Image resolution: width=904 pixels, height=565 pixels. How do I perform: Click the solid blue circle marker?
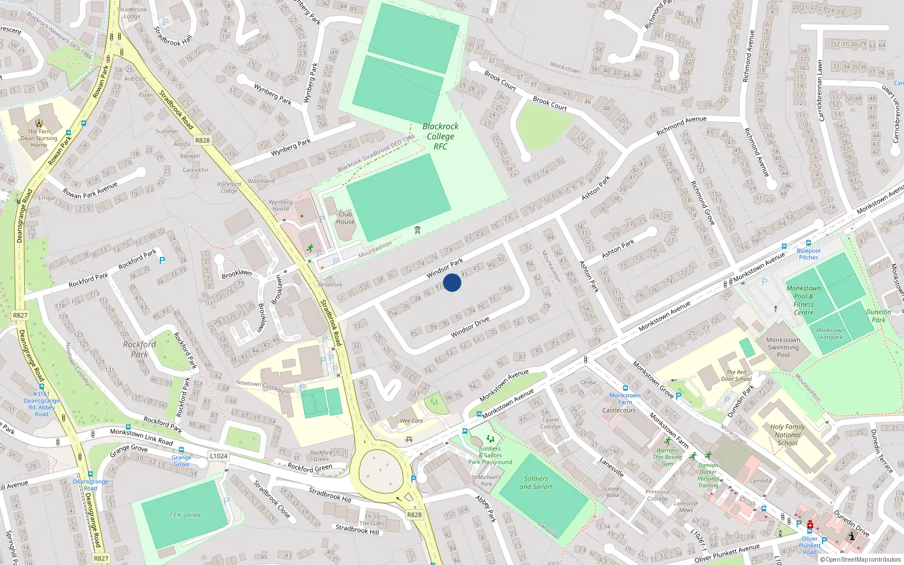(452, 282)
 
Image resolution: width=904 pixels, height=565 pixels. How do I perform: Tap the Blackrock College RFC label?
(440, 136)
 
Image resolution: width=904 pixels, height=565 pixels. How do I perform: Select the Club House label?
(345, 218)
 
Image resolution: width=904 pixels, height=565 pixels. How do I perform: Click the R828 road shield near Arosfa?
(202, 140)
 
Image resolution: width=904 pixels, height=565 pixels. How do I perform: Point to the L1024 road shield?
(219, 456)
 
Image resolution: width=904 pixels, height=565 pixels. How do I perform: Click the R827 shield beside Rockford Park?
(20, 315)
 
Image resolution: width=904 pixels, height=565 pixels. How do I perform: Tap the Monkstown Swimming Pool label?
(783, 347)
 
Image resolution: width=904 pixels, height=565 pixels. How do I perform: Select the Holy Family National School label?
(788, 435)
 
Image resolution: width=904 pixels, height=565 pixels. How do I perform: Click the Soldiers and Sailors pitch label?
(536, 483)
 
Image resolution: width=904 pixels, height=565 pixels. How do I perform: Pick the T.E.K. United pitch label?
(185, 515)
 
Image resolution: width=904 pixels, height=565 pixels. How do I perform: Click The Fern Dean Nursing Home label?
(39, 138)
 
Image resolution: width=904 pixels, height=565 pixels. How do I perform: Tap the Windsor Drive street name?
(470, 328)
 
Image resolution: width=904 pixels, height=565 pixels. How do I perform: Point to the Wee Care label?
(411, 421)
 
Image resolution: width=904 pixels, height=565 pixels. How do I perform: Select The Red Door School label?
(736, 375)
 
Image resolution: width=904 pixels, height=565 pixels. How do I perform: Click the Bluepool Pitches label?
(809, 254)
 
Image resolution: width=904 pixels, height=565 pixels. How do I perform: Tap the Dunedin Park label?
(879, 316)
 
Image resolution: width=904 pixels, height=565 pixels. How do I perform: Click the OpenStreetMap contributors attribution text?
(863, 559)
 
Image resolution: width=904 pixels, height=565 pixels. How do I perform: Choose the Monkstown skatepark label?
(830, 334)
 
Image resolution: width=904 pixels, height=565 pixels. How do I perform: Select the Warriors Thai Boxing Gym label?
(667, 457)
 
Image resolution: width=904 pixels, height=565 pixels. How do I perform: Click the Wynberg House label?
(281, 205)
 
